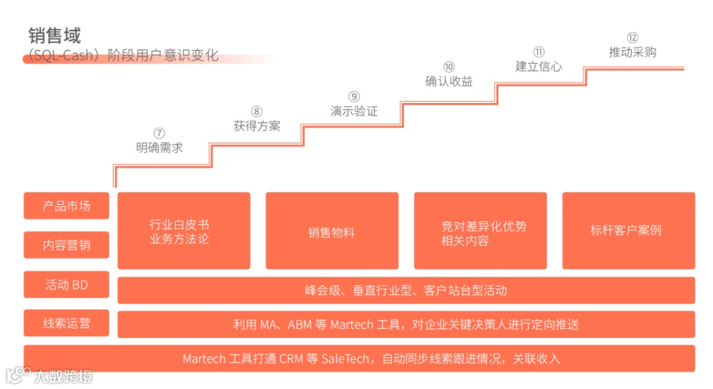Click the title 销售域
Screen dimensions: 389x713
(x=55, y=34)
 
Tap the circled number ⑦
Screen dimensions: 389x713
(x=159, y=133)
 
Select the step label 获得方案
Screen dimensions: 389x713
(x=257, y=125)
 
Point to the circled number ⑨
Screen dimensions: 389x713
(x=354, y=96)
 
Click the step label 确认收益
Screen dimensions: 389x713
(x=449, y=81)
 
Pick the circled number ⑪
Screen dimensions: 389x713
(x=539, y=52)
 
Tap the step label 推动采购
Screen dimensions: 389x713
(x=632, y=52)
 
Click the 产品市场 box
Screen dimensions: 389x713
(x=67, y=205)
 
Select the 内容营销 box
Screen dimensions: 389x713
(x=67, y=245)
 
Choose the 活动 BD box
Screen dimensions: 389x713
(x=67, y=285)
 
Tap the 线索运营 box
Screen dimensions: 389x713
(x=67, y=324)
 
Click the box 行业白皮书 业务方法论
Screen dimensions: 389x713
(x=184, y=230)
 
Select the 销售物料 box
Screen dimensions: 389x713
(x=332, y=231)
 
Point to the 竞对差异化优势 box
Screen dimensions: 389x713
(x=480, y=230)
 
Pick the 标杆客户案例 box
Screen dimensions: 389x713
(x=628, y=230)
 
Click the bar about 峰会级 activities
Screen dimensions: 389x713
(x=406, y=290)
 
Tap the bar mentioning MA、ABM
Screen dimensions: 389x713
(x=406, y=324)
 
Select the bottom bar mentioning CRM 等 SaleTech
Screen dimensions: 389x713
(x=359, y=359)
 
